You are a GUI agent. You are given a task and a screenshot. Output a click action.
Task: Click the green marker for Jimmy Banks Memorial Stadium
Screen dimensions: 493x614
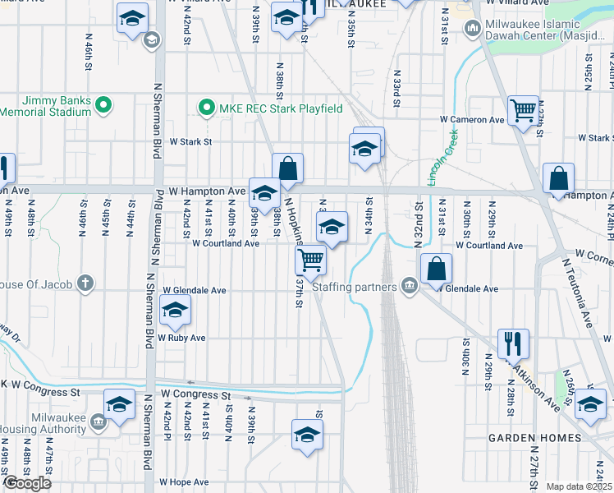pos(103,104)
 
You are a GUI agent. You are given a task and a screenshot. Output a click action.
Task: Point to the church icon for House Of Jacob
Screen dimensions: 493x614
pos(85,284)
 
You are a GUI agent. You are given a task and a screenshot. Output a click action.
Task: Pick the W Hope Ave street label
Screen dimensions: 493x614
pos(182,482)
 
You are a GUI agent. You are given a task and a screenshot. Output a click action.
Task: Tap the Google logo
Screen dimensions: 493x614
pos(27,482)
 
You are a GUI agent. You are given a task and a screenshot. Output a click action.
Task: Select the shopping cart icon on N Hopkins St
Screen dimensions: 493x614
pos(311,260)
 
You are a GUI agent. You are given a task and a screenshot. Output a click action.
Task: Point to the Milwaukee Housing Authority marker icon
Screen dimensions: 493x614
pos(98,422)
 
